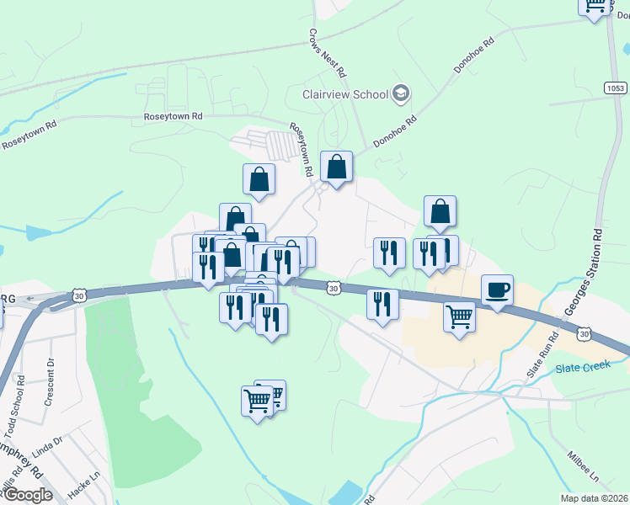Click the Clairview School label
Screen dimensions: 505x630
(345, 94)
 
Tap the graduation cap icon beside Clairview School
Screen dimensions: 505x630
(401, 93)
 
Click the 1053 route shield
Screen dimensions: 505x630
(614, 88)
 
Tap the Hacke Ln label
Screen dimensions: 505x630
(79, 487)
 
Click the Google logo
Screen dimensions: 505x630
(28, 495)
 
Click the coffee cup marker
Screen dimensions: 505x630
(497, 290)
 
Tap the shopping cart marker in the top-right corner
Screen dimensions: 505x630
(595, 5)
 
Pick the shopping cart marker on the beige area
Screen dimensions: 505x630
(459, 317)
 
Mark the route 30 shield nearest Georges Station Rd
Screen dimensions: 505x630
(583, 334)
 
